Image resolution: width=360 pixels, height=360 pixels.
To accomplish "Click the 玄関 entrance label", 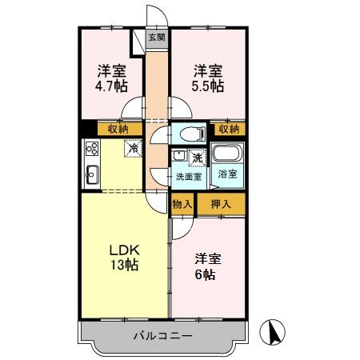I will coord(156,37).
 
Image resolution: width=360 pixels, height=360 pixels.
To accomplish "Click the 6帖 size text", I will coord(207,274).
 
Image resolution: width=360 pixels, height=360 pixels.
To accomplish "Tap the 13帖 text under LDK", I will coord(123,266).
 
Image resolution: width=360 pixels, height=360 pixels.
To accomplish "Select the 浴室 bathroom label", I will coord(227,174).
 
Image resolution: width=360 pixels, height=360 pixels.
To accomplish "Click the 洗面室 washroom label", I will coord(189,177).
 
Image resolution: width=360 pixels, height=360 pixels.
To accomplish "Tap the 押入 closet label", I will coord(221,204).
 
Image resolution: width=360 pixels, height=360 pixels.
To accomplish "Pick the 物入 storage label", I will coord(182,204).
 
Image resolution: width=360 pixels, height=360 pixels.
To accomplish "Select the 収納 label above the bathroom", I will coord(229,128).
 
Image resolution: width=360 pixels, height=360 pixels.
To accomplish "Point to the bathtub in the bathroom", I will coord(229,154).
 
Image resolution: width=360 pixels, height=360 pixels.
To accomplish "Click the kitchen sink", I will coord(91,172).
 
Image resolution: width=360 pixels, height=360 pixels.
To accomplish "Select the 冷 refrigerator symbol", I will coord(134,148).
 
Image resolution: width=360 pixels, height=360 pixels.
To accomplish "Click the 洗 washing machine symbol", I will coord(197,158).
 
